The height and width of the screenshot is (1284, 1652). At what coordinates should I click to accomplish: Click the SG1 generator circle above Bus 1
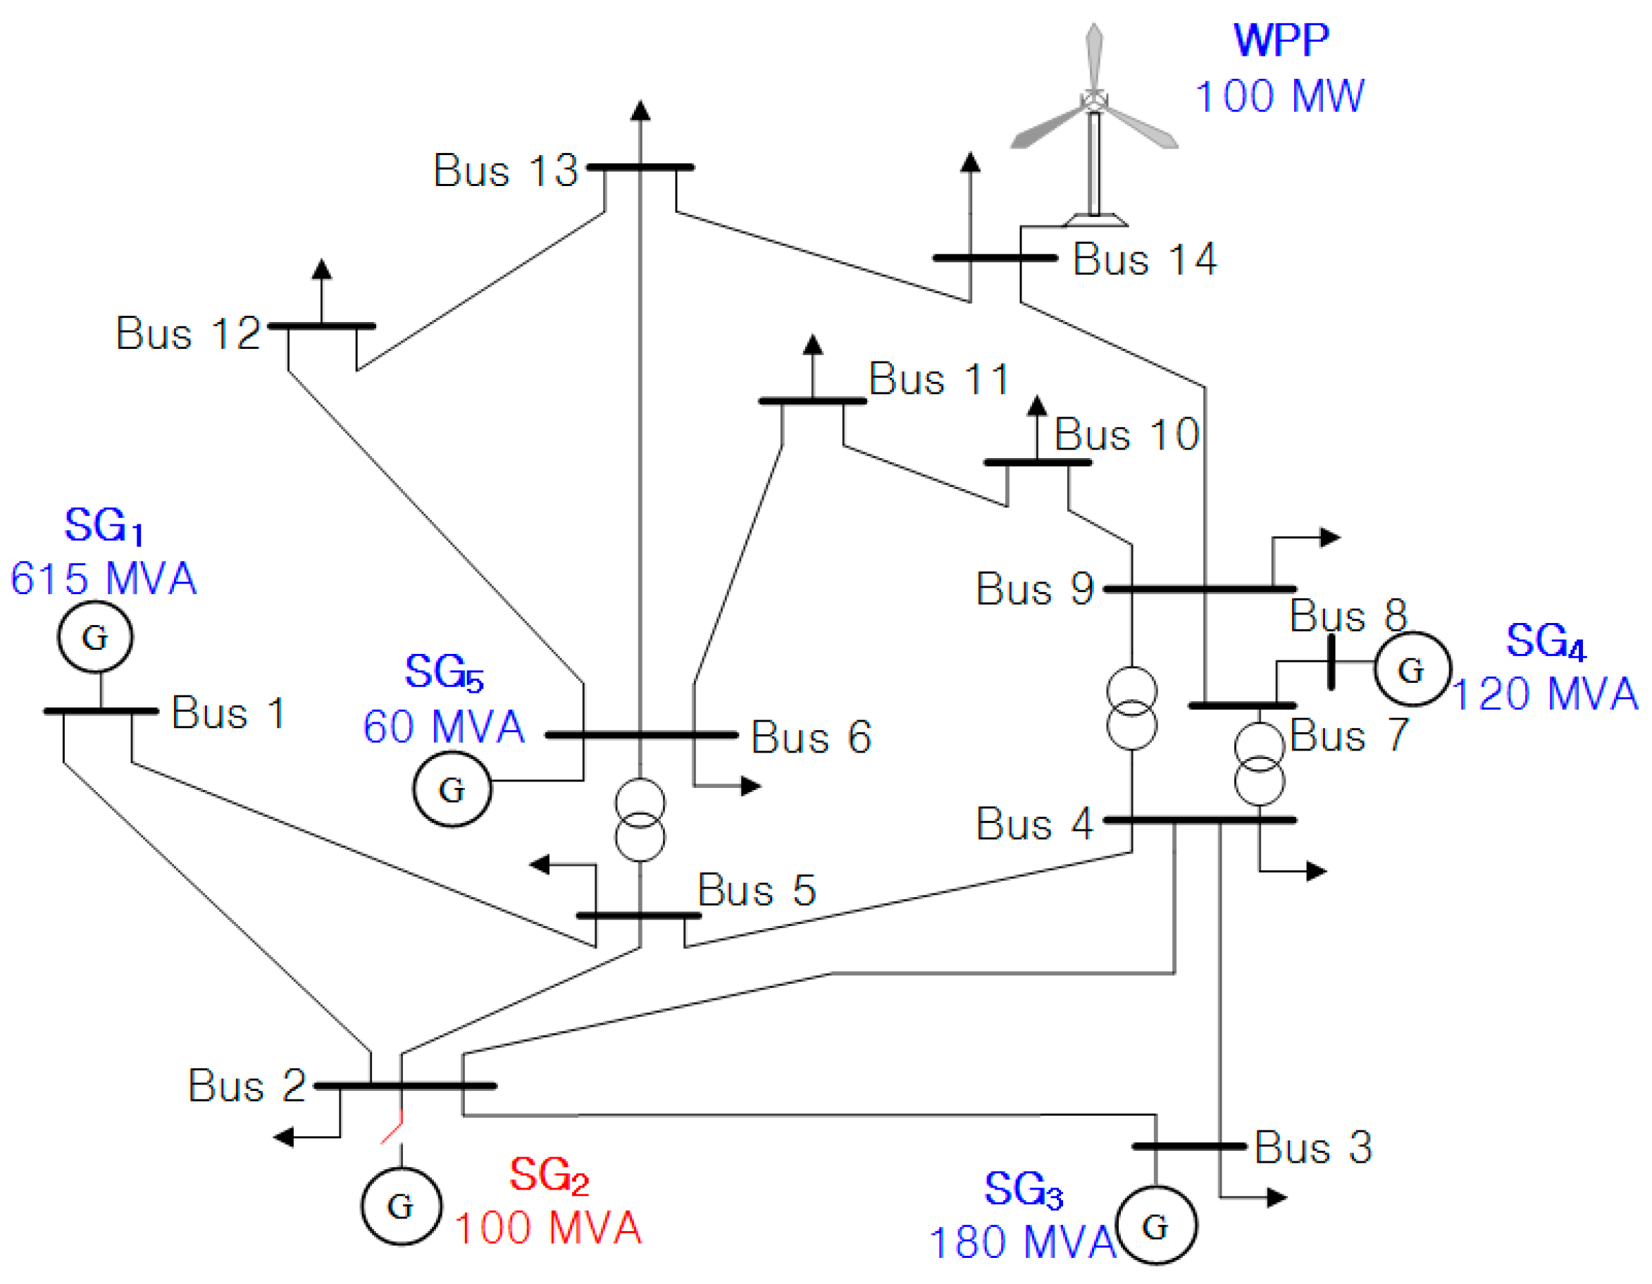(x=95, y=636)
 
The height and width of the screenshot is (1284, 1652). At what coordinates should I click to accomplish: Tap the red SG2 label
(x=549, y=1175)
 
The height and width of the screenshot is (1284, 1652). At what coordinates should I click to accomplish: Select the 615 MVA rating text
(x=104, y=579)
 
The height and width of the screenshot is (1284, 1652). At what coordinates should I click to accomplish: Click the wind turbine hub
(x=1094, y=100)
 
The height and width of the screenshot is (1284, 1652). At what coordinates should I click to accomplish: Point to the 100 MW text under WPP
(x=1280, y=96)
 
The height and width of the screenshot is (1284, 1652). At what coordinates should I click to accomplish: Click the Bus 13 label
(x=505, y=171)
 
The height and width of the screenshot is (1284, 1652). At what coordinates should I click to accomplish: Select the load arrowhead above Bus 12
(x=322, y=269)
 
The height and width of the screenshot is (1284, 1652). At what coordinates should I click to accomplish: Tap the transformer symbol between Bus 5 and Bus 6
(x=640, y=820)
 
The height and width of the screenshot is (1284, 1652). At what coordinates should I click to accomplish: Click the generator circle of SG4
(x=1412, y=669)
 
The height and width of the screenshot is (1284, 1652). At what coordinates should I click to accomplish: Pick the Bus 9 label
(x=1035, y=588)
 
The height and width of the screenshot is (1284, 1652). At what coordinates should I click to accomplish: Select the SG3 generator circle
(x=1157, y=1226)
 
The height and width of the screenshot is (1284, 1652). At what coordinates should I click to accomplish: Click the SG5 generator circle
(x=452, y=789)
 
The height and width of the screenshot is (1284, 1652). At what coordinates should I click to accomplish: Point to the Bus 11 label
(x=938, y=379)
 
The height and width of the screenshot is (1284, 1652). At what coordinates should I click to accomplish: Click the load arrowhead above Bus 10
(x=1037, y=405)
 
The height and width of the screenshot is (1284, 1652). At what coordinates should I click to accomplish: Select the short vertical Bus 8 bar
(x=1331, y=662)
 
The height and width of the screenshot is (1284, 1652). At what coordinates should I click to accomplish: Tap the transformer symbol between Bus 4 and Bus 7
(x=1260, y=764)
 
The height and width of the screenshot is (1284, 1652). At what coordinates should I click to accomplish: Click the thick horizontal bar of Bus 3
(x=1188, y=1147)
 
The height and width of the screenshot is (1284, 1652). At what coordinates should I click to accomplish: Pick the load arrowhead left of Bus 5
(x=540, y=864)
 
